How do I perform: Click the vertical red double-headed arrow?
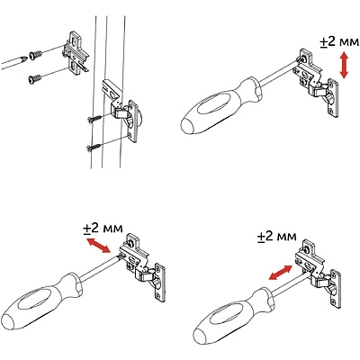pos(344,65)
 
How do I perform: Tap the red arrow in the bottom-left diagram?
pos(98,246)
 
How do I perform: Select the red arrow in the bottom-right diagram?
pos(280,273)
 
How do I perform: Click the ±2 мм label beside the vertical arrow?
pos(339,42)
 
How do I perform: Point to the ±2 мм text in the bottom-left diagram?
pos(103,229)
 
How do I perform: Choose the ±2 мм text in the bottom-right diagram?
pos(276,237)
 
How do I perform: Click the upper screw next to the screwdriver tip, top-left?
pos(35,56)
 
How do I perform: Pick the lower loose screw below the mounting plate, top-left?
pos(35,79)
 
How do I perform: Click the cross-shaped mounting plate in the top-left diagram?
pos(75,52)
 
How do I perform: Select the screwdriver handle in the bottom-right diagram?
pos(232,317)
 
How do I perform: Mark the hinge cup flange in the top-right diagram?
pos(334,98)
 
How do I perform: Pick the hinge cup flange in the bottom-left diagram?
pos(160,283)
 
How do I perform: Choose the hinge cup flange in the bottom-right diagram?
pos(336,290)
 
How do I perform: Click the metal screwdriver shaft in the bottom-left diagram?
pos(100,268)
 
